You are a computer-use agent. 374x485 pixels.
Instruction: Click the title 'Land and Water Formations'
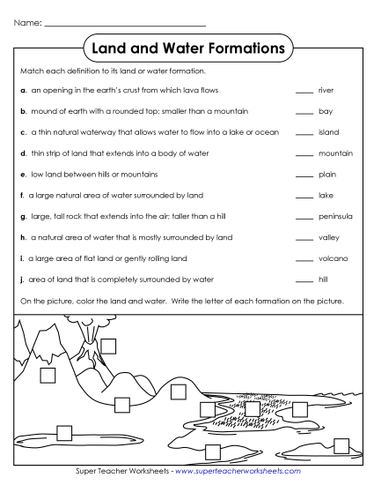point(187,45)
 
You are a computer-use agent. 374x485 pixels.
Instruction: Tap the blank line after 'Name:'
point(124,24)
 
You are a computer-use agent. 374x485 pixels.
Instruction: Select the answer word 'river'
point(326,90)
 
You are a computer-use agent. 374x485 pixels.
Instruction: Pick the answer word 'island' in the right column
point(327,132)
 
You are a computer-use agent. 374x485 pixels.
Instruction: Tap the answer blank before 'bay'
point(304,113)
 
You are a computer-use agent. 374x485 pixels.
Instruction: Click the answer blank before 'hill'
point(304,280)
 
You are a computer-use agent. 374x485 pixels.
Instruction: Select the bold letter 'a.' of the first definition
point(22,90)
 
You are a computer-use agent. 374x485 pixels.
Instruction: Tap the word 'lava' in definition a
point(193,90)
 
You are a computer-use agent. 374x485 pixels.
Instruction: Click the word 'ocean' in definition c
point(268,132)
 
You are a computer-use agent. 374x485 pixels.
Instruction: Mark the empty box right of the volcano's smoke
point(109,345)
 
